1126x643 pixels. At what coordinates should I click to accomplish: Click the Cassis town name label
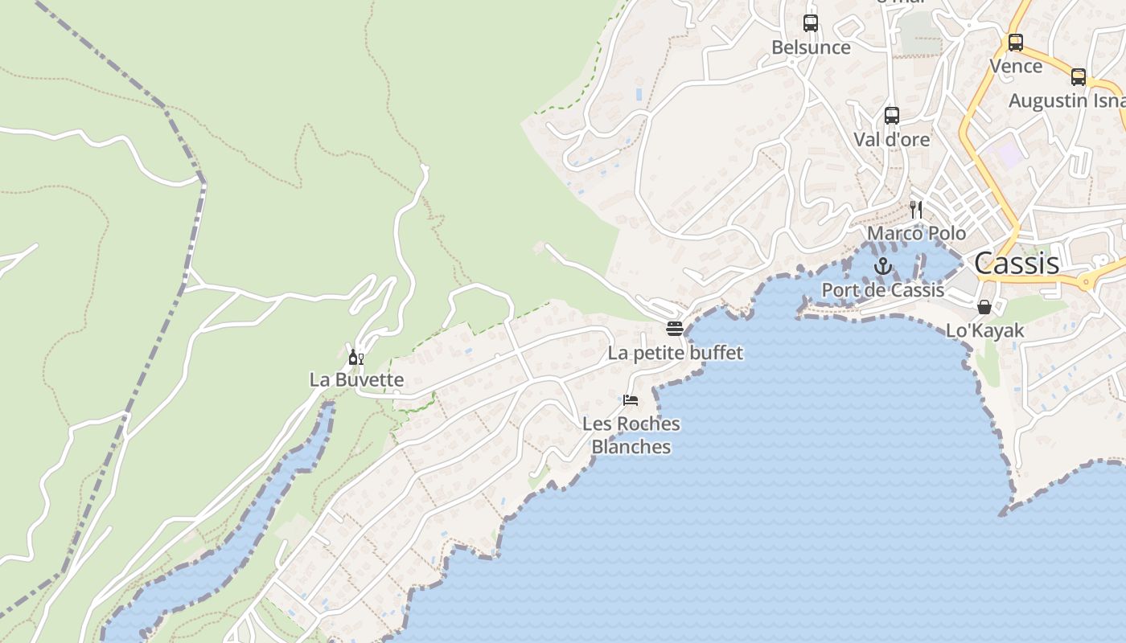click(x=1017, y=263)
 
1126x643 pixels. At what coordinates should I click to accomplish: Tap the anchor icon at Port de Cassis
click(x=883, y=266)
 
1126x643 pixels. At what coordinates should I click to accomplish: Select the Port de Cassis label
click(x=882, y=289)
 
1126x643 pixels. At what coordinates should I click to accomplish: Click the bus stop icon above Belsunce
click(x=811, y=23)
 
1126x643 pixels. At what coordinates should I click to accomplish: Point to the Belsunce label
click(x=811, y=47)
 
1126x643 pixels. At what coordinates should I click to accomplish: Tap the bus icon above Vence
click(x=1016, y=43)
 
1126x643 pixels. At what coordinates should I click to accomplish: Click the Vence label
click(x=1016, y=66)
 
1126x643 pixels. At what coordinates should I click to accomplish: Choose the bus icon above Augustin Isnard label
click(x=1079, y=77)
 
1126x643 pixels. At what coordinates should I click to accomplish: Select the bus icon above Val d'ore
click(x=891, y=115)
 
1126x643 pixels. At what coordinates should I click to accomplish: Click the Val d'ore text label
click(x=891, y=139)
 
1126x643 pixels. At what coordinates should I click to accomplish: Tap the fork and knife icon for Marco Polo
click(x=916, y=210)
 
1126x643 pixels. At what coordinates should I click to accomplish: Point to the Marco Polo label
click(x=916, y=233)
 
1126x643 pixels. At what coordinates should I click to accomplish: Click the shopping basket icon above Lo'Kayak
click(x=984, y=306)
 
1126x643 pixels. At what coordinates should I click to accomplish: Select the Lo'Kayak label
click(x=984, y=330)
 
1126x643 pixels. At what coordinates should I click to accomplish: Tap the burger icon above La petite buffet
click(x=675, y=328)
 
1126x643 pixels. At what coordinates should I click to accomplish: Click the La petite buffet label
click(x=675, y=353)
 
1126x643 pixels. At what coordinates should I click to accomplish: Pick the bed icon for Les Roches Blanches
click(x=631, y=399)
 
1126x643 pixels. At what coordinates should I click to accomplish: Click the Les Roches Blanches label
click(x=631, y=435)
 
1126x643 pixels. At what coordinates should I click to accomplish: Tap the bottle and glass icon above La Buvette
click(x=356, y=357)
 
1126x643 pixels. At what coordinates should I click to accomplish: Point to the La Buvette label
click(x=356, y=379)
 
